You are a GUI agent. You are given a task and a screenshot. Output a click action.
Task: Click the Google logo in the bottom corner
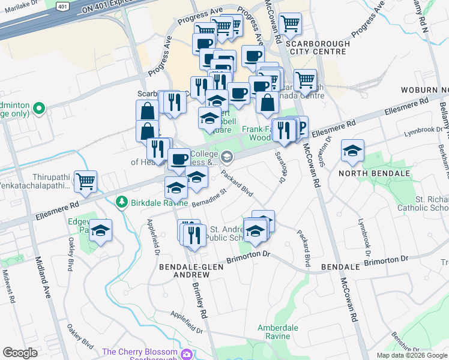tap(20, 353)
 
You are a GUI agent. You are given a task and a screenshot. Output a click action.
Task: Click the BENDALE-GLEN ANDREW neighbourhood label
tap(184, 270)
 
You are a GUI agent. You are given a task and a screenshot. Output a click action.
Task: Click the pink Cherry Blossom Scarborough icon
tap(187, 353)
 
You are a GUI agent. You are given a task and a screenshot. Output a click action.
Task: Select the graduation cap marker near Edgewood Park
tap(100, 230)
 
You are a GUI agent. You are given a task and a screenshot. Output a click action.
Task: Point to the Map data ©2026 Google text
tap(412, 355)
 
